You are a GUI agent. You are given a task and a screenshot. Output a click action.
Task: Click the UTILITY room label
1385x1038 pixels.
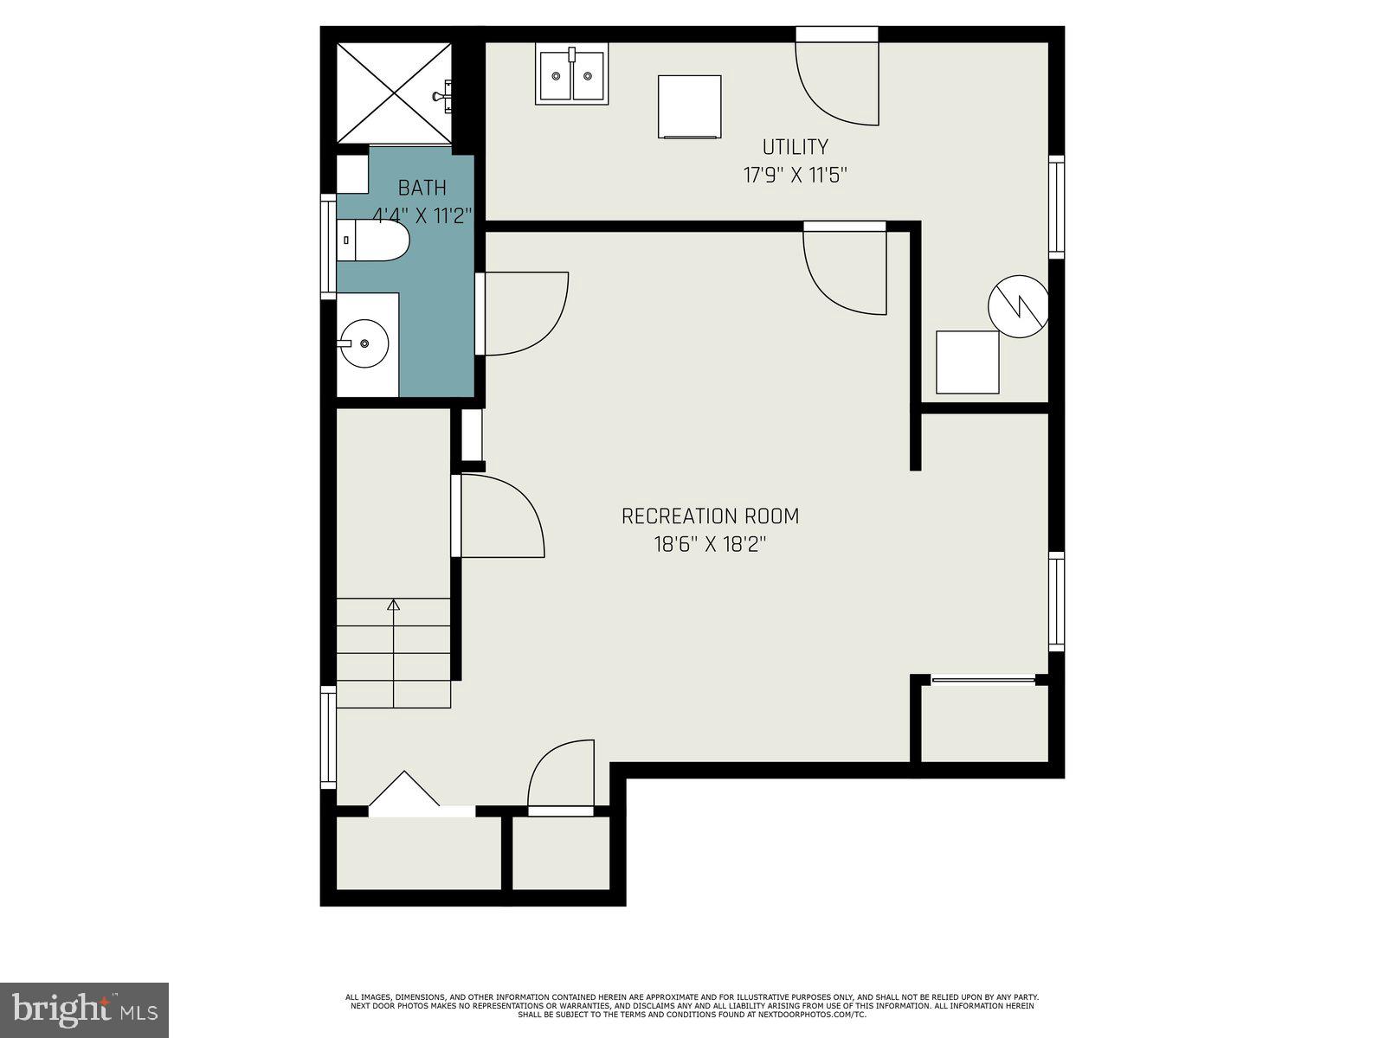[x=795, y=147]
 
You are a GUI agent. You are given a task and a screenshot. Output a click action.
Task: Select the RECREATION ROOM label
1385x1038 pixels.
[x=710, y=516]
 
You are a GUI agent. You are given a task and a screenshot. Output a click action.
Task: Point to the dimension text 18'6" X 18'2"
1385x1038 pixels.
[x=710, y=545]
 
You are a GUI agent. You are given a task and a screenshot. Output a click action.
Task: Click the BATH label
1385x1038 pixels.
[x=422, y=188]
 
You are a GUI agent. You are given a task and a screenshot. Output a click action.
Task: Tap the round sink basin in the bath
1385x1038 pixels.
[x=364, y=343]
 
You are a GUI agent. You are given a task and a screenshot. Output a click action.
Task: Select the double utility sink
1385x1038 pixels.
[x=570, y=76]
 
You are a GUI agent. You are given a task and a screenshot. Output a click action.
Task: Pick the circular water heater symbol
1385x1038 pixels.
[x=1019, y=306]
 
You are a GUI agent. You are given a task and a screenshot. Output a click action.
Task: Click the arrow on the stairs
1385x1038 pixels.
[x=394, y=605]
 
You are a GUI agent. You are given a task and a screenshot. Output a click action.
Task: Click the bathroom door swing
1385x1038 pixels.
[x=522, y=313]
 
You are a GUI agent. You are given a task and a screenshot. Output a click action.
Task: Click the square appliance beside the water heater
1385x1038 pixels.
[x=968, y=362]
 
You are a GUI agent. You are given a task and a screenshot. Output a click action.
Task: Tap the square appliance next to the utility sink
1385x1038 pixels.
[x=689, y=106]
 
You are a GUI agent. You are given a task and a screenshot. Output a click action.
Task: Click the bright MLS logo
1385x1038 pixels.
[x=85, y=1009]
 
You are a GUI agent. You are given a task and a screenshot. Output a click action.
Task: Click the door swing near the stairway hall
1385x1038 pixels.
[x=499, y=516]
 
